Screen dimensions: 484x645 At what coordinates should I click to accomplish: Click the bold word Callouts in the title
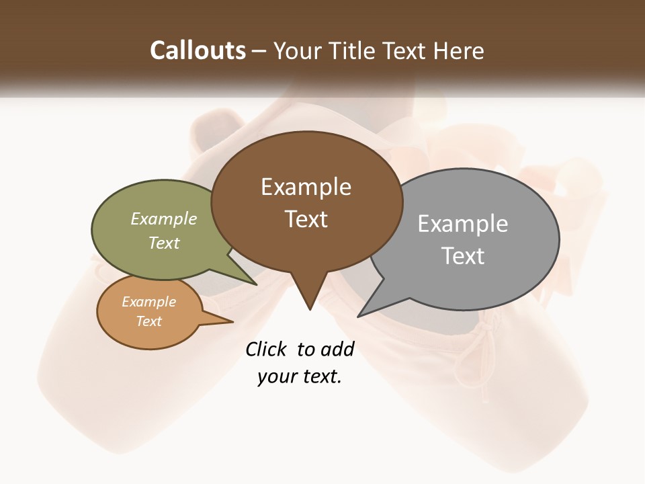[198, 50]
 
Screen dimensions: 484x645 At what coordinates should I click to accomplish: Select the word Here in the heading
[458, 50]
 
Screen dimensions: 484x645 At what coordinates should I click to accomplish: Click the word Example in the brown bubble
[306, 187]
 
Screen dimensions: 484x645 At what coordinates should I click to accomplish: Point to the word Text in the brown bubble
[306, 219]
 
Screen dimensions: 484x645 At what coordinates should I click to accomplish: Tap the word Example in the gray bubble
[462, 224]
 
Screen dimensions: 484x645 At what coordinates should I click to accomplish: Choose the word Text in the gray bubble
[462, 256]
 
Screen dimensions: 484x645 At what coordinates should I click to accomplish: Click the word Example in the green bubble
[163, 219]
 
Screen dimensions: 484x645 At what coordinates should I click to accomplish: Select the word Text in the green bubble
[163, 243]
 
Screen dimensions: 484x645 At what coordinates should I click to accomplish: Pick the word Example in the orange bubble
[148, 302]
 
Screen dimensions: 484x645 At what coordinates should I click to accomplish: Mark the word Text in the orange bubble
[148, 321]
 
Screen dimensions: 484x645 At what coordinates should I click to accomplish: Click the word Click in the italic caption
[267, 349]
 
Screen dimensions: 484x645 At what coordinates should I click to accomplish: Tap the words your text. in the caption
[299, 377]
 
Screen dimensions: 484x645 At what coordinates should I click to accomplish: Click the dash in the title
[259, 51]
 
